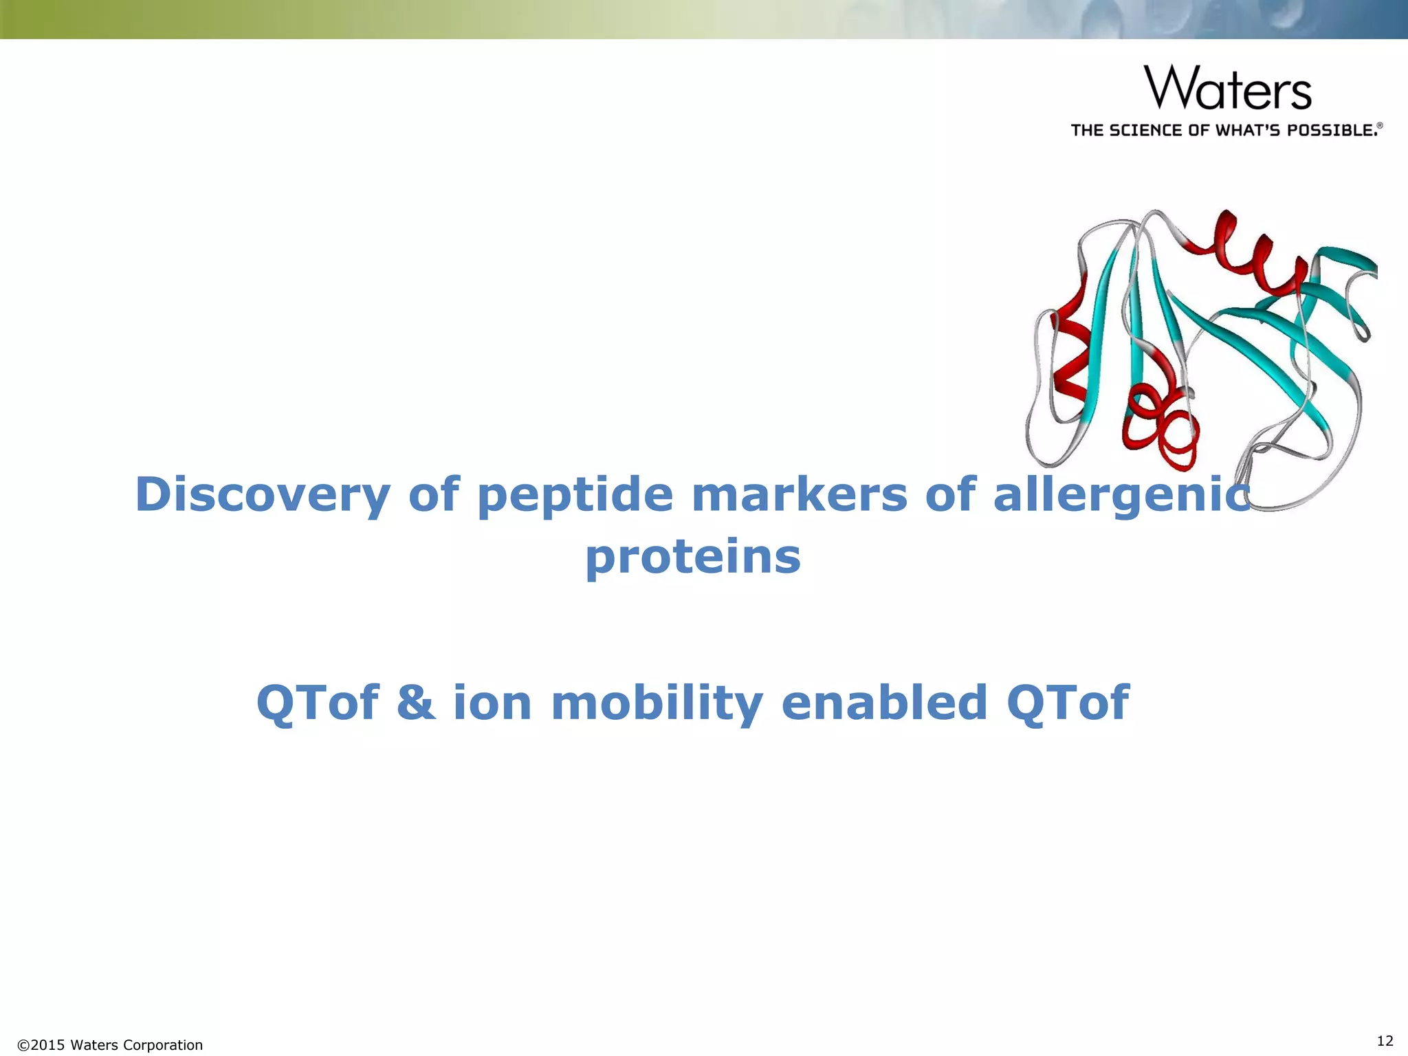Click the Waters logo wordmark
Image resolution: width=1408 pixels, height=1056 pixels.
pyautogui.click(x=1228, y=88)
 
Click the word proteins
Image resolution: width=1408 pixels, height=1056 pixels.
pyautogui.click(x=693, y=557)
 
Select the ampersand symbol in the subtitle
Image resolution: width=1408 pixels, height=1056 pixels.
pyautogui.click(x=417, y=703)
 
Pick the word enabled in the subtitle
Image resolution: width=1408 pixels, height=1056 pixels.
pyautogui.click(x=884, y=703)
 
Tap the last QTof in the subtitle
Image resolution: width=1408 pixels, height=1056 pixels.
pyautogui.click(x=1067, y=703)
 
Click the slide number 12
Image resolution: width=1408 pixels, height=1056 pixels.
pyautogui.click(x=1385, y=1040)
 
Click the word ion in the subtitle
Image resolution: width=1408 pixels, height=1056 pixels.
pyautogui.click(x=492, y=703)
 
